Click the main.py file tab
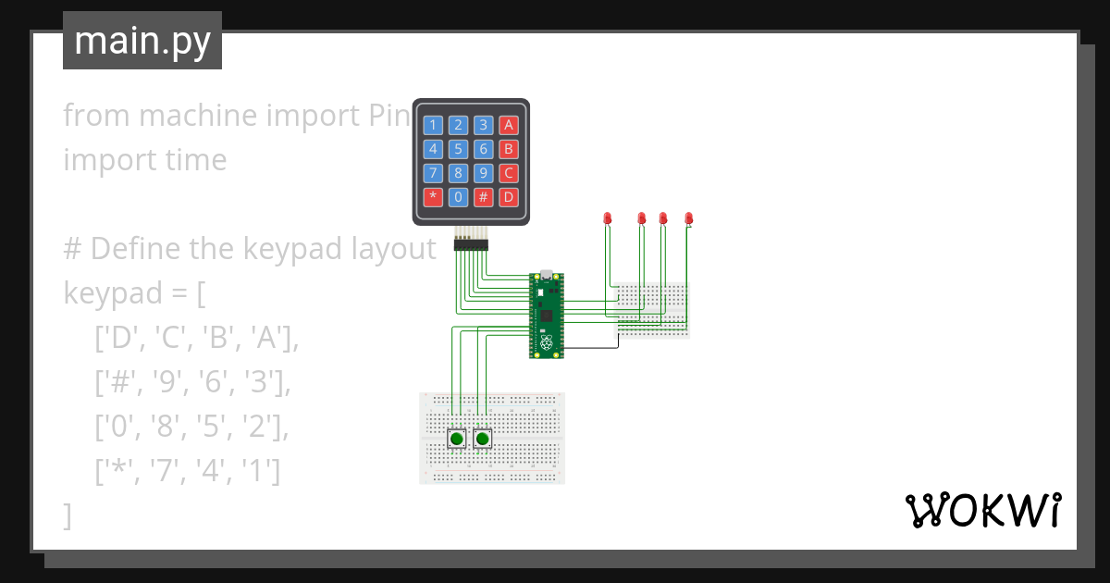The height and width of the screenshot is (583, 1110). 142,42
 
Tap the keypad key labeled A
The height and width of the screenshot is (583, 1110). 508,125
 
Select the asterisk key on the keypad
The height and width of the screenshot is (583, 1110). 433,196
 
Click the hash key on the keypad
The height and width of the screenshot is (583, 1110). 483,196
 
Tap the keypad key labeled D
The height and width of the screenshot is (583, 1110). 508,196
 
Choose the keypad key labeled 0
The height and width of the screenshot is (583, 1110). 458,196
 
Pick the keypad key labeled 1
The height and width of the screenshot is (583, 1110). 433,125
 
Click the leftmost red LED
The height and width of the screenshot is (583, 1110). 608,218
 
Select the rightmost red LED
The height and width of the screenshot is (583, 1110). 688,218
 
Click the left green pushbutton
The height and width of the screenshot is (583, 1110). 457,439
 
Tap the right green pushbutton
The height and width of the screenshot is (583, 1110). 482,439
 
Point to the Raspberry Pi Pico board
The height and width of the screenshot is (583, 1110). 547,315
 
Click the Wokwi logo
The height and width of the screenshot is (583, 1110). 982,510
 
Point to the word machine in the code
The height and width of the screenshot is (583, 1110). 199,116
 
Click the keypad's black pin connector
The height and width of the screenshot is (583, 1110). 471,244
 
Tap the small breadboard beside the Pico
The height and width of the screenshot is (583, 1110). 653,310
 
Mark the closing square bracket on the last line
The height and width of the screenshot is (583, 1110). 67,515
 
